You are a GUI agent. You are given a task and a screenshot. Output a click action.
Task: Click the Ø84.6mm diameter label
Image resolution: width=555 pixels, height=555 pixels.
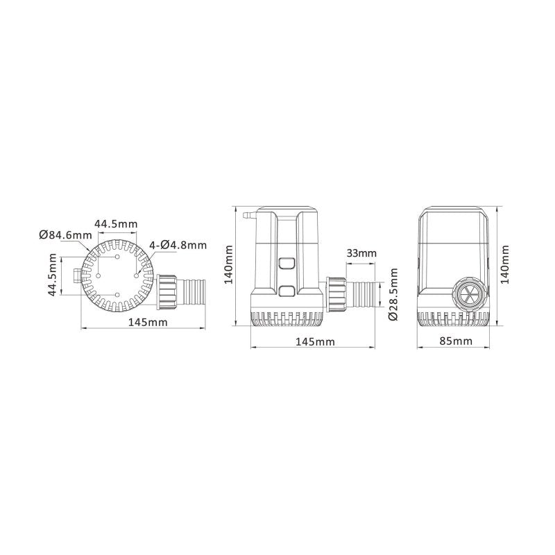coord(65,234)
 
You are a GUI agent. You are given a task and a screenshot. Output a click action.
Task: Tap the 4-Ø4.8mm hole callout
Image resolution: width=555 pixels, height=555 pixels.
coord(178,245)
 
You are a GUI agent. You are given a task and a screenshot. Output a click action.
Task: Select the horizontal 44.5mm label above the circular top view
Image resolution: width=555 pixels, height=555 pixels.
coord(117,223)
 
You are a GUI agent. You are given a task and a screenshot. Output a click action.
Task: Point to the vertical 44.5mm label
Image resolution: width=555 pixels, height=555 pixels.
coord(51,275)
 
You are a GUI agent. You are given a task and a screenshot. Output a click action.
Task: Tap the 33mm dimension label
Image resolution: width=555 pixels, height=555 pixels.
coord(361,253)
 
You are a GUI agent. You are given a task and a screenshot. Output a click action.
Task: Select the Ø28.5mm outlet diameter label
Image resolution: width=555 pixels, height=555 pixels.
coord(392,294)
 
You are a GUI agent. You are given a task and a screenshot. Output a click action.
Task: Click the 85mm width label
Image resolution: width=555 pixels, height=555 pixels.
coord(456,341)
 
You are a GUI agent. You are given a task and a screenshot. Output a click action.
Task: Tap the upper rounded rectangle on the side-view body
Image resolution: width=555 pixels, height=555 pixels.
coord(287,264)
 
